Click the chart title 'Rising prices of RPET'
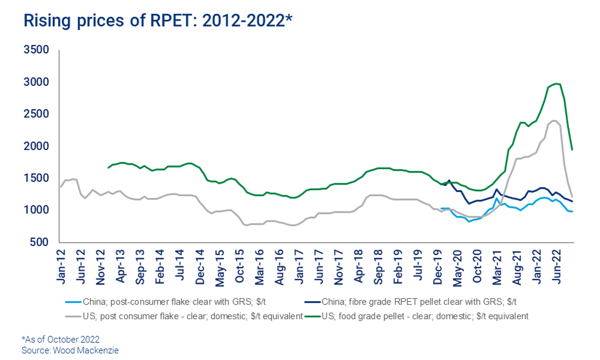pos(158,21)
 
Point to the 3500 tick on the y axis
pos(36,50)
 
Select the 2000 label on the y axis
pos(36,146)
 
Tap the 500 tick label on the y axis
pos(39,242)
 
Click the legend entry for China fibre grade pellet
pos(419,302)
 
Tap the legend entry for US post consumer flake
pos(193,316)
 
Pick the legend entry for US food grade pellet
pos(425,316)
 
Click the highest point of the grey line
pos(554,121)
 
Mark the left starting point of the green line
pos(108,168)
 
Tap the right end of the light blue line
pos(572,212)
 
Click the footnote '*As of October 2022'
pos(61,339)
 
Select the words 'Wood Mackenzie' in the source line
pos(86,350)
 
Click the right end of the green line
pos(572,150)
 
